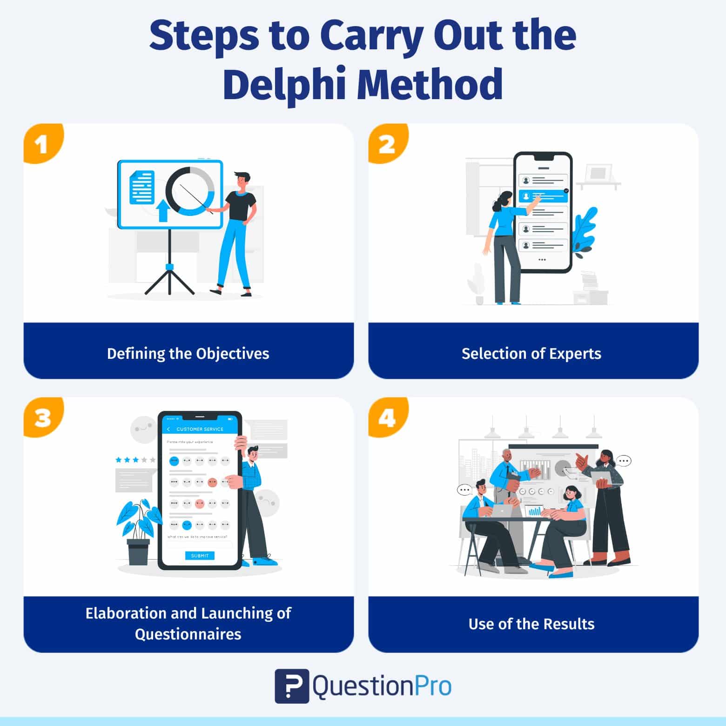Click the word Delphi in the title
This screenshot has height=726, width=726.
(284, 85)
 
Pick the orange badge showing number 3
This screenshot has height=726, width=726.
(42, 417)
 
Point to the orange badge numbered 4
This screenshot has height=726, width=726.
(387, 417)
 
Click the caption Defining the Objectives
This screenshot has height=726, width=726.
(188, 354)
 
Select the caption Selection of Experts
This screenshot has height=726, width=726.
(531, 354)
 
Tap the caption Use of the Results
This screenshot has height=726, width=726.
(531, 624)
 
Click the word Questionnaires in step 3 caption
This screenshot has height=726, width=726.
(188, 634)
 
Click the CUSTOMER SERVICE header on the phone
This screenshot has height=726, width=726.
(200, 429)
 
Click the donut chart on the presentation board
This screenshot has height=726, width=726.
(190, 191)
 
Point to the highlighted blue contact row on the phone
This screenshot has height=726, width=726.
(543, 196)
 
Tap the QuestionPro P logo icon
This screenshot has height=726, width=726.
(292, 686)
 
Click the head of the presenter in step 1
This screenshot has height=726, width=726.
(242, 181)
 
